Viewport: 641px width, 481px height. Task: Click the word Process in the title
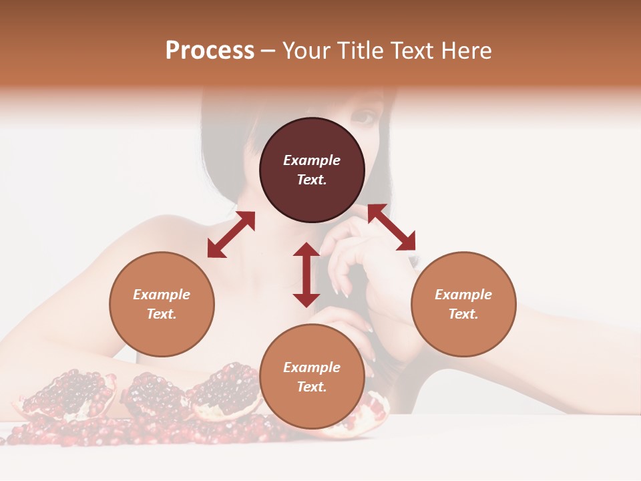tap(210, 51)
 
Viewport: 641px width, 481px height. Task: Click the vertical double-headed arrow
tap(306, 275)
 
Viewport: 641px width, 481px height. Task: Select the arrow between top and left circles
tap(231, 234)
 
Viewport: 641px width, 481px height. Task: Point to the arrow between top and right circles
tap(391, 227)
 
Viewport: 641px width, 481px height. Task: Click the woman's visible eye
tap(364, 117)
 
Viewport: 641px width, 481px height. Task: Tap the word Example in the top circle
tap(312, 160)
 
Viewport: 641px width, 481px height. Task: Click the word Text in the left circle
tap(162, 314)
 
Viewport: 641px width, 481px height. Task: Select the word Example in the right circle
tap(463, 295)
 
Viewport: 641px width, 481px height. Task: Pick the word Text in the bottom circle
tap(312, 387)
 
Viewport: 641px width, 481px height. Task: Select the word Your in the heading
tap(306, 51)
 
